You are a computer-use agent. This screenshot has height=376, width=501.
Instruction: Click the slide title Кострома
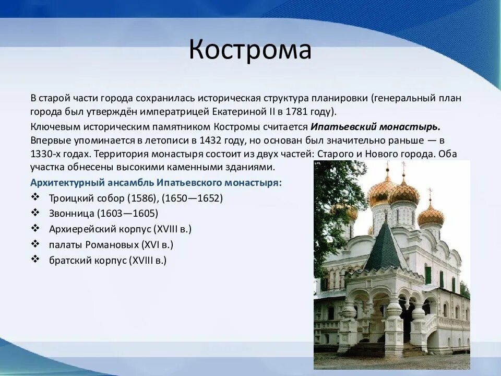click(x=250, y=49)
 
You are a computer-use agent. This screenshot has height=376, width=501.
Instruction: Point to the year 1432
click(x=210, y=140)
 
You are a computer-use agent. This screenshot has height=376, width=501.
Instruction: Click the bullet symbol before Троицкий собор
click(x=35, y=197)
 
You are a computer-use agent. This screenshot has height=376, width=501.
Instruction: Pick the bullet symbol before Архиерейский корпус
click(x=35, y=228)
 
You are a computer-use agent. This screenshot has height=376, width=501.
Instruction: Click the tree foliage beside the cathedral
click(x=336, y=205)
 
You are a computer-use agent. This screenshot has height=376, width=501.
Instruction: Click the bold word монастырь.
click(x=410, y=127)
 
